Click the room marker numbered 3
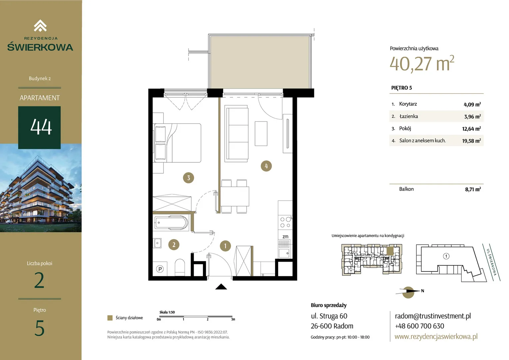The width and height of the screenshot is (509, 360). (188, 178)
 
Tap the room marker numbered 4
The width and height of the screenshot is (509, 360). (266, 166)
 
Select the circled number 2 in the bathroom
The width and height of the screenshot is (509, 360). (174, 245)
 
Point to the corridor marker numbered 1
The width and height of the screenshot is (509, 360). (226, 246)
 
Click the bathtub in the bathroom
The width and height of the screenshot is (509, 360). (172, 223)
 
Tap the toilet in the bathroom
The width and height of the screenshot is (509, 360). (180, 267)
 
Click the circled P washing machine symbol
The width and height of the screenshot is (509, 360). (160, 269)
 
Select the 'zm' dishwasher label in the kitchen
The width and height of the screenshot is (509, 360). (285, 237)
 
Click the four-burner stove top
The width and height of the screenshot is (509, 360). (285, 222)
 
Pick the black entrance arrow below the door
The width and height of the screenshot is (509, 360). (221, 287)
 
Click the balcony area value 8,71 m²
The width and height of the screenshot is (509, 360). (473, 189)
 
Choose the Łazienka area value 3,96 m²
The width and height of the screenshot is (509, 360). (472, 116)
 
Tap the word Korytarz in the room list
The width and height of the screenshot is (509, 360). (408, 104)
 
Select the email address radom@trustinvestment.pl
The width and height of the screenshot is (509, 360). (433, 316)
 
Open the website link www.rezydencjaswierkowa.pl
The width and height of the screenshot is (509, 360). (436, 336)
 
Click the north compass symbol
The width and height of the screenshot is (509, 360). (408, 292)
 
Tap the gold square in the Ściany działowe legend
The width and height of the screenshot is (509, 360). (110, 318)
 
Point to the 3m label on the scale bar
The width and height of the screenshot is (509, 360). (233, 319)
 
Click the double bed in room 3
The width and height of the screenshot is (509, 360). (178, 143)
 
